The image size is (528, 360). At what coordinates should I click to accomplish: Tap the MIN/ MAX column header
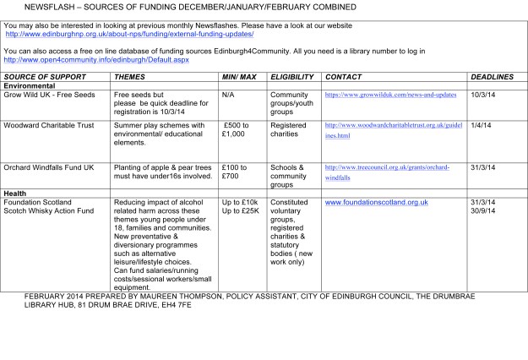pyautogui.click(x=238, y=77)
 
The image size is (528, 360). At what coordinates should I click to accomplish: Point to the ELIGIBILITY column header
pyautogui.click(x=291, y=77)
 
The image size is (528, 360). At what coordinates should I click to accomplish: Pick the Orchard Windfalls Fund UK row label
pyautogui.click(x=49, y=167)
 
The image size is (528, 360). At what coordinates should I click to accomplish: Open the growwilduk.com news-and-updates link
pyautogui.click(x=390, y=95)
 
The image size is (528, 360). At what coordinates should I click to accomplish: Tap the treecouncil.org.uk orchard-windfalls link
pyautogui.click(x=387, y=172)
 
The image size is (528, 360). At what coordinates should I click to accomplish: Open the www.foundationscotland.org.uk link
pyautogui.click(x=376, y=203)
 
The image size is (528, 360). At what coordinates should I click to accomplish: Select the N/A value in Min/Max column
pyautogui.click(x=227, y=95)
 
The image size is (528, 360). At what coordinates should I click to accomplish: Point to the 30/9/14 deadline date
pyautogui.click(x=482, y=210)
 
